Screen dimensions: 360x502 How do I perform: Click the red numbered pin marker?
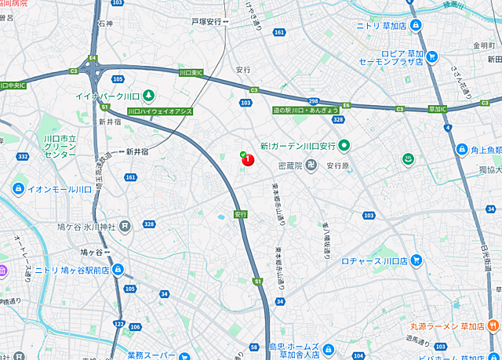pos(248,160)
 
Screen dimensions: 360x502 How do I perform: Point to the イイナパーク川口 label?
pos(107,96)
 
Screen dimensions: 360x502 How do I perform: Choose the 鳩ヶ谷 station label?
pos(92,252)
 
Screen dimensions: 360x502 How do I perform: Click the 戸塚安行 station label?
pos(208,22)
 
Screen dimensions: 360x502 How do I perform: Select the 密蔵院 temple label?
pos(296,165)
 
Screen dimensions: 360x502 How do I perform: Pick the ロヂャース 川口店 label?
pos(374,260)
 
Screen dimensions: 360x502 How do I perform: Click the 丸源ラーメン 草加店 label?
pos(448,325)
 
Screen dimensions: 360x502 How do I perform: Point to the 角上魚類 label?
pos(485,150)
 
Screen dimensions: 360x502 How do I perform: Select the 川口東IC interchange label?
pos(191,73)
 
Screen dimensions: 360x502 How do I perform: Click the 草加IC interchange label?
pos(432,108)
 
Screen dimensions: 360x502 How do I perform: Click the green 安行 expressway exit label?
pos(240,213)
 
